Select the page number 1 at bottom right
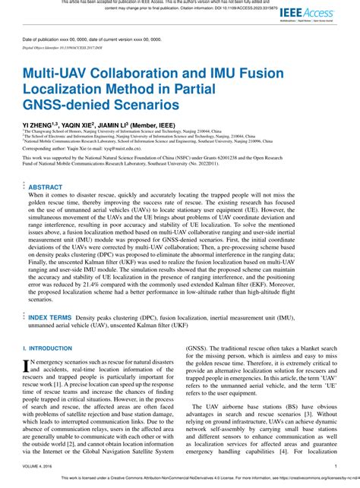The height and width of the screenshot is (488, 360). [336, 466]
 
